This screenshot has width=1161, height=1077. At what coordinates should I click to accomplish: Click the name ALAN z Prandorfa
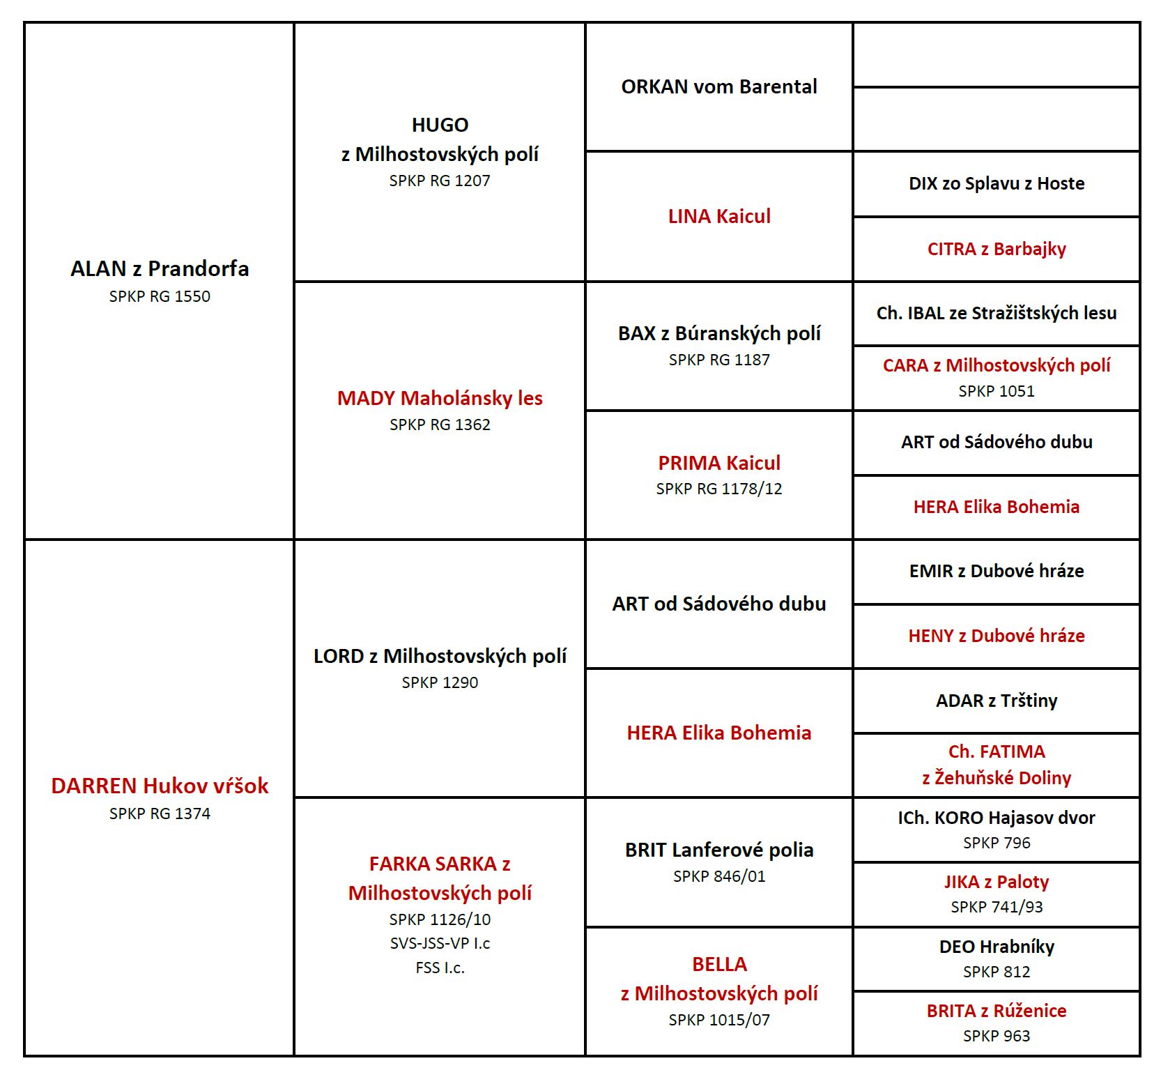pos(160,268)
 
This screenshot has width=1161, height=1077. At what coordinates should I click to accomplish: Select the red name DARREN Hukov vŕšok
pos(160,786)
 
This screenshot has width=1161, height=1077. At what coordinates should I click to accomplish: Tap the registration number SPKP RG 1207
pos(440,181)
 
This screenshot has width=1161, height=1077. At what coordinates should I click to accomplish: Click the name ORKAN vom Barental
pos(719,86)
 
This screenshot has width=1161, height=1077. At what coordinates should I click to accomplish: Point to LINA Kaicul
pos(719,216)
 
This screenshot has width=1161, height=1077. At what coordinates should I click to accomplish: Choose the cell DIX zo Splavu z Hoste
pos(997,183)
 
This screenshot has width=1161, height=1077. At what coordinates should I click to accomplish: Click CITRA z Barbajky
pos(997,249)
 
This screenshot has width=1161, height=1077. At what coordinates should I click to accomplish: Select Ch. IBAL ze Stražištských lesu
pos(997,313)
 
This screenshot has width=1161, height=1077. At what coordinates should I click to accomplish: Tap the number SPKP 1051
pos(997,391)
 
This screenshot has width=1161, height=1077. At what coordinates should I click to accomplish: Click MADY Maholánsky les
pos(440,398)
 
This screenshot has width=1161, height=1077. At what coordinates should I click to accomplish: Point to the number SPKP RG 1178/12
pos(719,489)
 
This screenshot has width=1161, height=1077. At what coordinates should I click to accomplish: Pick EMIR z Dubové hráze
pos(997,571)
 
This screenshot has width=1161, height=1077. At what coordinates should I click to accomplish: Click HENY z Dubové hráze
pos(997,636)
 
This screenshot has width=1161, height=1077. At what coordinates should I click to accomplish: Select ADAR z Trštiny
pos(997,701)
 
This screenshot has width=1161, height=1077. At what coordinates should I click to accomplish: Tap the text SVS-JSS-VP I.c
pos(440,943)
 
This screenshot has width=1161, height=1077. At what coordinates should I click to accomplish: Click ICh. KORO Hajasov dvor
pos(997,818)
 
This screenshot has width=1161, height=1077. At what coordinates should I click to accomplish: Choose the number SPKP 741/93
pos(997,907)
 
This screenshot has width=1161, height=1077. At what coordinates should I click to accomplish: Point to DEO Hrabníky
pos(997,947)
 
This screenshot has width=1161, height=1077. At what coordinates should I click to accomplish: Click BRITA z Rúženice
pos(997,1011)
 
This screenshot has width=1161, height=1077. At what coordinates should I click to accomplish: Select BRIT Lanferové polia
pos(719,850)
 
